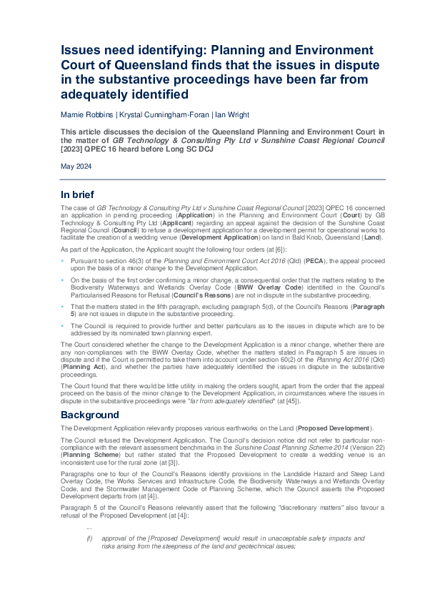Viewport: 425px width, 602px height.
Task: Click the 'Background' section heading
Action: pyautogui.click(x=90, y=415)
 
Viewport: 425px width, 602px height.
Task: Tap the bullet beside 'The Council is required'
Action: pyautogui.click(x=63, y=323)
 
